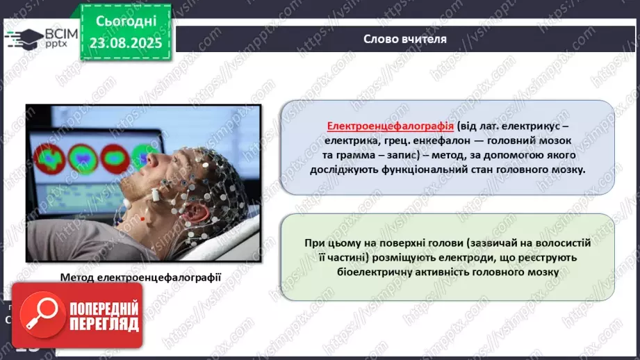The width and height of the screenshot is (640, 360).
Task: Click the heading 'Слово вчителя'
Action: (x=404, y=39)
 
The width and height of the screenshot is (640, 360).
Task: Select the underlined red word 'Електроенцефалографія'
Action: (x=391, y=126)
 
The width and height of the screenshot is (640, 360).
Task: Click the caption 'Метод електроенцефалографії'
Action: (x=140, y=277)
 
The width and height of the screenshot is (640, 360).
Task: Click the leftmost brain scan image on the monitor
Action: (x=46, y=158)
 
